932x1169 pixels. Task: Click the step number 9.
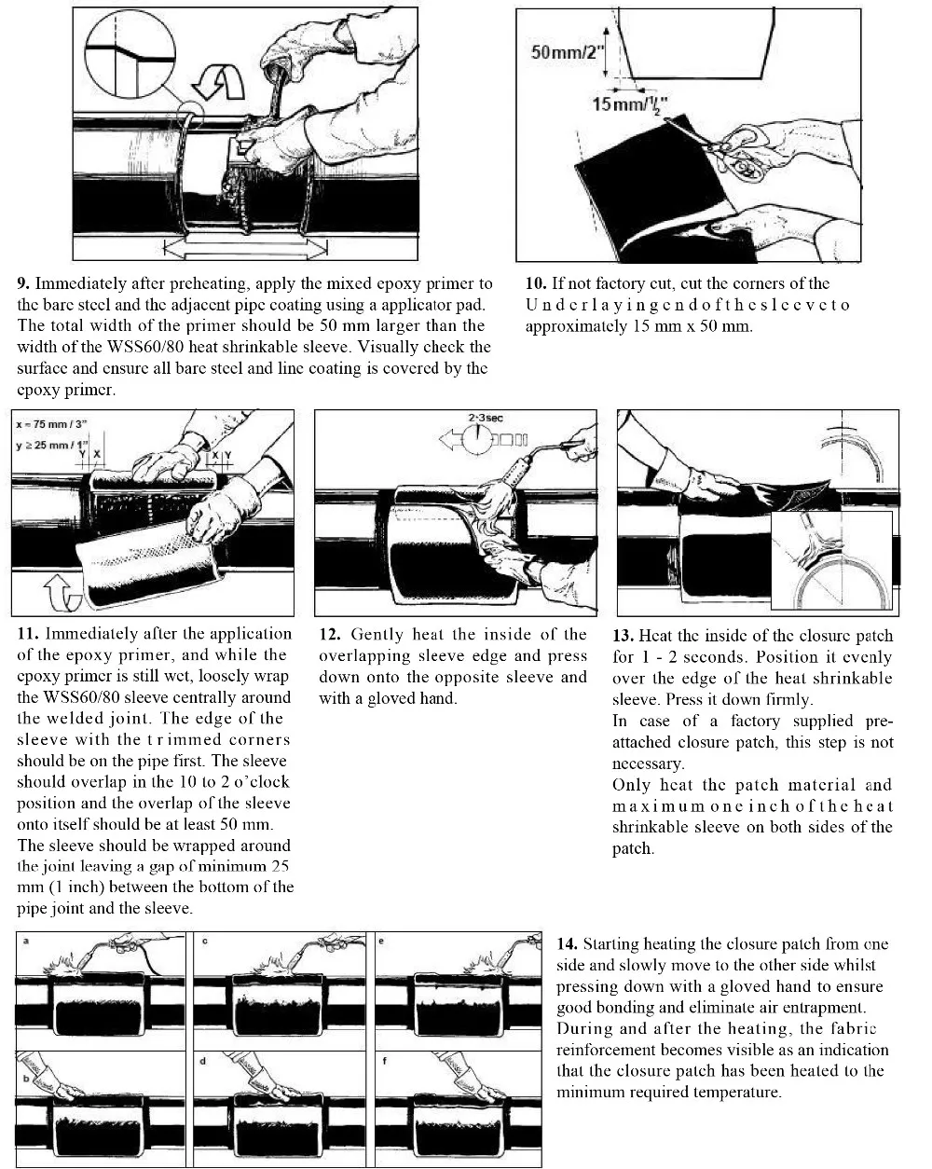coord(23,283)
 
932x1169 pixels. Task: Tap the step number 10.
coord(535,283)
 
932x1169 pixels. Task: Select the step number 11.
coord(27,634)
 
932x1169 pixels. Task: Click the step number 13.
coord(623,636)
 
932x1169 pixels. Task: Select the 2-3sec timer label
coord(486,419)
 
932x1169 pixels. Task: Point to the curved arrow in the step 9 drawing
coord(225,81)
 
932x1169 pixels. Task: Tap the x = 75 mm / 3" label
coord(49,423)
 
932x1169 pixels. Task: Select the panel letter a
coord(25,942)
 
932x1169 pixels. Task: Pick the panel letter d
coord(202,1061)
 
